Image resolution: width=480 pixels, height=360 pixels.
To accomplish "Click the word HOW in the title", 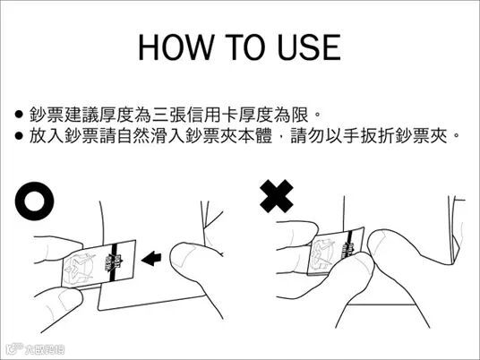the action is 176,47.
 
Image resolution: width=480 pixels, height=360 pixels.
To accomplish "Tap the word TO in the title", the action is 245,47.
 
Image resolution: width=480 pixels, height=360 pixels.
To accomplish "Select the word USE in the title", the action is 309,47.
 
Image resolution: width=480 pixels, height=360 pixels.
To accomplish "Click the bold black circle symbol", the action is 34,201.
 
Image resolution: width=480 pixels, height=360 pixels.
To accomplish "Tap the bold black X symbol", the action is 277,196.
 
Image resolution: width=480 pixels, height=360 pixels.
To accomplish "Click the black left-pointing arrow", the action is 151,259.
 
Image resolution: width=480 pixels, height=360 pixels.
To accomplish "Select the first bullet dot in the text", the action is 19,115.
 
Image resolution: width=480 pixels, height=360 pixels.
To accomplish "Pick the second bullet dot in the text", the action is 19,135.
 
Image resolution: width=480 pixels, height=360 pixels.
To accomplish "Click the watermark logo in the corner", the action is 35,349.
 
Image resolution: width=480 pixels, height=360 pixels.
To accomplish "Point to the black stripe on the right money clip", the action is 349,244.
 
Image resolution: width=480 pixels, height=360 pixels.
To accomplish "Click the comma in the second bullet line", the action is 281,141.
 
